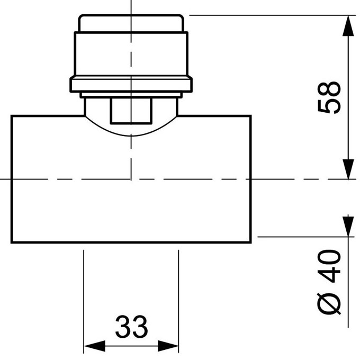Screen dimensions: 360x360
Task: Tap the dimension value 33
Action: click(x=131, y=327)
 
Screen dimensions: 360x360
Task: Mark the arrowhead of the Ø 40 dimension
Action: click(x=348, y=226)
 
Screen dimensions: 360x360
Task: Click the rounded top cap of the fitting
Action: click(x=131, y=24)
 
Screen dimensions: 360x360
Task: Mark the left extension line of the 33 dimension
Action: click(x=84, y=296)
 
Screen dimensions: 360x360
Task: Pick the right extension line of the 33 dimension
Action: click(x=179, y=296)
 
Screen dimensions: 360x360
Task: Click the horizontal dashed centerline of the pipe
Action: click(x=296, y=179)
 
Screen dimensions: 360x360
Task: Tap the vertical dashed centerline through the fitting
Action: click(x=131, y=154)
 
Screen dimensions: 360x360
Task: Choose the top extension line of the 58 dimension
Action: click(x=265, y=15)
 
